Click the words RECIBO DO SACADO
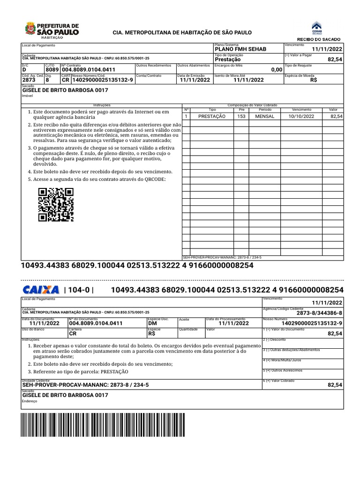tap(319, 39)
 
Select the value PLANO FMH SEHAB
tap(240, 49)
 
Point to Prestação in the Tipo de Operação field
tap(228, 60)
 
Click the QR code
tap(56, 204)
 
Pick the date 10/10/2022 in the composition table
tap(301, 116)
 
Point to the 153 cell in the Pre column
tap(241, 116)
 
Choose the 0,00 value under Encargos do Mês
tap(277, 70)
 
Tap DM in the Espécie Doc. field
tap(152, 323)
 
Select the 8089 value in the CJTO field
tap(52, 70)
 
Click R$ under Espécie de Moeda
tap(314, 80)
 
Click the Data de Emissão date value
tap(193, 80)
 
